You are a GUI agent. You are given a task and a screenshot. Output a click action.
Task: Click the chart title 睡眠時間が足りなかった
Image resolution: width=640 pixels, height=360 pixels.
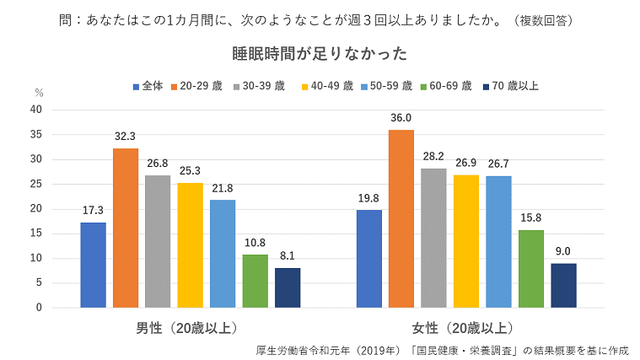[320, 54]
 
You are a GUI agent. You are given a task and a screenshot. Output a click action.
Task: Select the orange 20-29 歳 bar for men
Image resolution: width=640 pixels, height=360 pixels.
[126, 228]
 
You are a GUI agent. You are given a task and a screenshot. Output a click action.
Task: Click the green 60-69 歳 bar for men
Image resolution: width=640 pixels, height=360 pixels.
[255, 281]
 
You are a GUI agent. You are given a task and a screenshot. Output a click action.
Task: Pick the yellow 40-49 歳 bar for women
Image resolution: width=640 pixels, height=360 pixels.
[465, 241]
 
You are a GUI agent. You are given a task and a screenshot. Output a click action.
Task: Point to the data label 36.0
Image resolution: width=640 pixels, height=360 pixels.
[401, 118]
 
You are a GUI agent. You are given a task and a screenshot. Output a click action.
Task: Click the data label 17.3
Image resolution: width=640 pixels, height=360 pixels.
[93, 210]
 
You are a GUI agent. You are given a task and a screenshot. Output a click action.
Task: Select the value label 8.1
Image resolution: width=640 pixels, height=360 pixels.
[288, 255]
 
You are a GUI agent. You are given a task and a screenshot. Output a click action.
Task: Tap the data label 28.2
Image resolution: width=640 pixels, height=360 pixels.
[433, 156]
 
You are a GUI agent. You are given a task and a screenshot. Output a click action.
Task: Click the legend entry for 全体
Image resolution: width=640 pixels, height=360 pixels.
[148, 86]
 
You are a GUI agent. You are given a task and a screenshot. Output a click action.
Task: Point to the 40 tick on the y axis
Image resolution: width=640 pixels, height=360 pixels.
[35, 110]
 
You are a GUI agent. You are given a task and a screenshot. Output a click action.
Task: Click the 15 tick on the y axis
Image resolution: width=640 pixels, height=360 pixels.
[35, 234]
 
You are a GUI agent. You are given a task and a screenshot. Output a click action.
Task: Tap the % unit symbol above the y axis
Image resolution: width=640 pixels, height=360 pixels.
[39, 93]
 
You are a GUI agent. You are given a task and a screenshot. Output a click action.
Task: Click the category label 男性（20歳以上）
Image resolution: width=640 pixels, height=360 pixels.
[190, 328]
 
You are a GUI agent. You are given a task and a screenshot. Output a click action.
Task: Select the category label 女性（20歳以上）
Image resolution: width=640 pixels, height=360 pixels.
[465, 328]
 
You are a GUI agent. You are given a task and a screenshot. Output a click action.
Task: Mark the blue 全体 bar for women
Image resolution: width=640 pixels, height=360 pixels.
[368, 259]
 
